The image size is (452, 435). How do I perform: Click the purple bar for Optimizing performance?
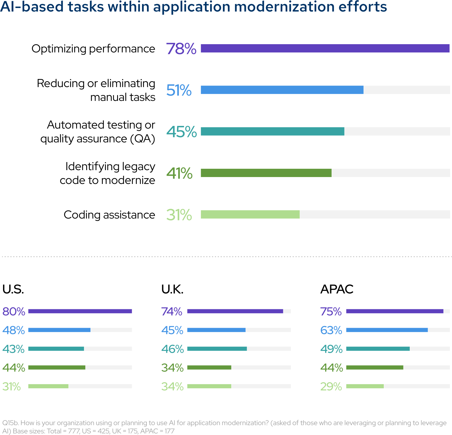[x=325, y=48]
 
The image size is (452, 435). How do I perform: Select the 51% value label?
[x=179, y=90]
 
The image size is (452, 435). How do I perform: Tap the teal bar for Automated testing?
[x=272, y=131]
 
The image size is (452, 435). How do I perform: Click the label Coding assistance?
[x=109, y=215]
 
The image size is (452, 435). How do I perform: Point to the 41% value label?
[x=179, y=173]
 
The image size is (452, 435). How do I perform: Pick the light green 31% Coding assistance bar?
[x=250, y=215]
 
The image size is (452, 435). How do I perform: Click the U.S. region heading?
[x=13, y=289]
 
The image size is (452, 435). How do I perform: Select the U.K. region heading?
[x=172, y=289]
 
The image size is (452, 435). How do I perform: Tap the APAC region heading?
[x=337, y=289]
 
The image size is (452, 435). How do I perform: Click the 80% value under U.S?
[x=14, y=312]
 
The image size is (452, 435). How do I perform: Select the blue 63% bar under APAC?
[x=387, y=330]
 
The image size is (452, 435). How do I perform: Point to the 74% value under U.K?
[x=172, y=312]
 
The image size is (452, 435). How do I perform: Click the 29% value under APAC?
[x=331, y=386]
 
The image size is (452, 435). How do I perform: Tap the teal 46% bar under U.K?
[x=217, y=349]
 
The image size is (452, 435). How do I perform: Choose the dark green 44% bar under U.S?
[x=57, y=368]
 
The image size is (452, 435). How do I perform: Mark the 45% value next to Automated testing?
[x=182, y=132]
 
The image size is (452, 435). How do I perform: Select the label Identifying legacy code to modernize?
[x=107, y=173]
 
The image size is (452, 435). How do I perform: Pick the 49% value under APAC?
[x=331, y=349]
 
